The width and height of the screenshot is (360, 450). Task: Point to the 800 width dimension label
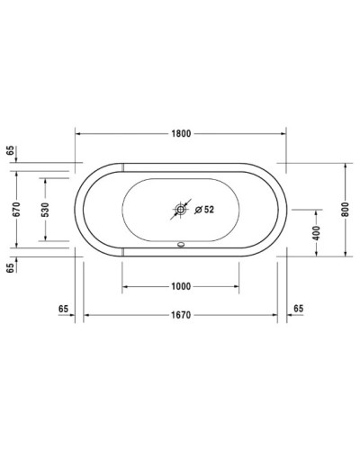coord(346,209)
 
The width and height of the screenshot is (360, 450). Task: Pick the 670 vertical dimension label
coord(15,209)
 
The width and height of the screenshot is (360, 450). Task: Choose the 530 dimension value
coord(44,209)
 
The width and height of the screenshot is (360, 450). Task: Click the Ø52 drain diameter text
coord(202,210)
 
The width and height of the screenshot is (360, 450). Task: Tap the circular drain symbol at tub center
coord(180,210)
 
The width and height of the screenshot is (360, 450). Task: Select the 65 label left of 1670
coord(63,308)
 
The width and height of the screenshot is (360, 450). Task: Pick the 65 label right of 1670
coord(298,308)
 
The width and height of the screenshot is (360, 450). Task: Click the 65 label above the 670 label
coord(10,151)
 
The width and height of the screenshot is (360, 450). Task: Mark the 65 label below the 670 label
coord(10,267)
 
